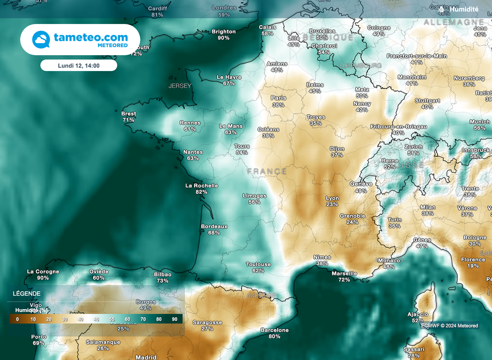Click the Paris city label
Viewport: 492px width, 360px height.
[x=278, y=98]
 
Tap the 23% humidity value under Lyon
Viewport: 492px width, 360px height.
[x=332, y=204]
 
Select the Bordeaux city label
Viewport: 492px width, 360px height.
[x=214, y=226]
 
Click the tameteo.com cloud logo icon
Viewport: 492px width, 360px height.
[x=41, y=39]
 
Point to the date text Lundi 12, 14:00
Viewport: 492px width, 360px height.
[x=78, y=65]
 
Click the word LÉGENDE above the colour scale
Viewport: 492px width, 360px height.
[x=27, y=294]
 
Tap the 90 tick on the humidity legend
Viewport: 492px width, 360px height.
[x=174, y=319]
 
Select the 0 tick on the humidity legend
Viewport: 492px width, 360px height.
[x=17, y=319]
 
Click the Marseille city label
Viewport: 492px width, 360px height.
[x=344, y=273]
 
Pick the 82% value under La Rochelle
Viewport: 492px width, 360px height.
[x=201, y=192]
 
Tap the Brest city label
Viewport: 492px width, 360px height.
[x=128, y=114]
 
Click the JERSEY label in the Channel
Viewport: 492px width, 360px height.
[x=180, y=86]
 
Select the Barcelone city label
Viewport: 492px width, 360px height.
[x=274, y=330]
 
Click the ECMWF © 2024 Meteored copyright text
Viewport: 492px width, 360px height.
[x=450, y=325]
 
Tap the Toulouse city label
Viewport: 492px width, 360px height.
[x=258, y=264]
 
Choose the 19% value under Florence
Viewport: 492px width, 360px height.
[x=473, y=266]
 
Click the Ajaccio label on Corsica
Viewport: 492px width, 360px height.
[x=418, y=314]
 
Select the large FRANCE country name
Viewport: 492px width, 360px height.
[x=267, y=171]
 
